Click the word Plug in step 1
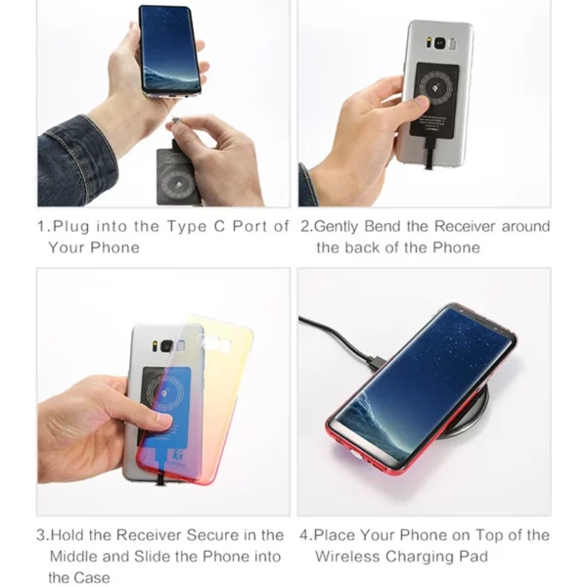71,227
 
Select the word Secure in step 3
212,535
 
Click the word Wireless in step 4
347,557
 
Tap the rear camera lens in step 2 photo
439,44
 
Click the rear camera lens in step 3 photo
166,346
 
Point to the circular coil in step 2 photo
435,89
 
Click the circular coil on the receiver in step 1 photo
177,185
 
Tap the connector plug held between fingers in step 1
175,119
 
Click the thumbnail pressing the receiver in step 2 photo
424,102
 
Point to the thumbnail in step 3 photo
164,421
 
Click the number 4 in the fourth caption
304,535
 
